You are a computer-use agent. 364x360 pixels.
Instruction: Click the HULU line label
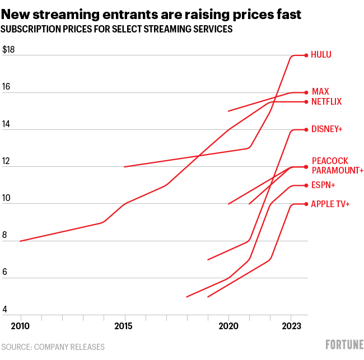[321, 55]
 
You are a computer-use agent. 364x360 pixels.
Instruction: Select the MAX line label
[320, 91]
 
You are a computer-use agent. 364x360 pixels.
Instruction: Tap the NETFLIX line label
[326, 101]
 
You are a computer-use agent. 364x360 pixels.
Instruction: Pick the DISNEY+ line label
[326, 129]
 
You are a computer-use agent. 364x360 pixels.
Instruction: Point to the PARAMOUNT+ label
[338, 170]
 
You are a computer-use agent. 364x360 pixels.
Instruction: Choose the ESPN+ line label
[323, 185]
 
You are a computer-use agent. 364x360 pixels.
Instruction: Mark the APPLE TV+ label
[330, 204]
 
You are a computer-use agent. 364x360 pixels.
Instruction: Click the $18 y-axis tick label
[8, 50]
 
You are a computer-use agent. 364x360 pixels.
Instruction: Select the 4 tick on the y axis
[5, 310]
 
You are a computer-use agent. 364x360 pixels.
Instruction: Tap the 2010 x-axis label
[20, 326]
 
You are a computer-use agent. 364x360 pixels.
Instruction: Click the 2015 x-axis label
[124, 326]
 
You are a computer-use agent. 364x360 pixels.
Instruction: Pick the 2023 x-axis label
[291, 326]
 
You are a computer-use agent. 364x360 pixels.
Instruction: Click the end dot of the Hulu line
[306, 55]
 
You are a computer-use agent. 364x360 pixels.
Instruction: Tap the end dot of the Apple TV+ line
[306, 204]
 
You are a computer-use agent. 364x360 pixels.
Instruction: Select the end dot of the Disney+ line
[306, 129]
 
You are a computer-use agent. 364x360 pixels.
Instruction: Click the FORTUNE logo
[344, 344]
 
